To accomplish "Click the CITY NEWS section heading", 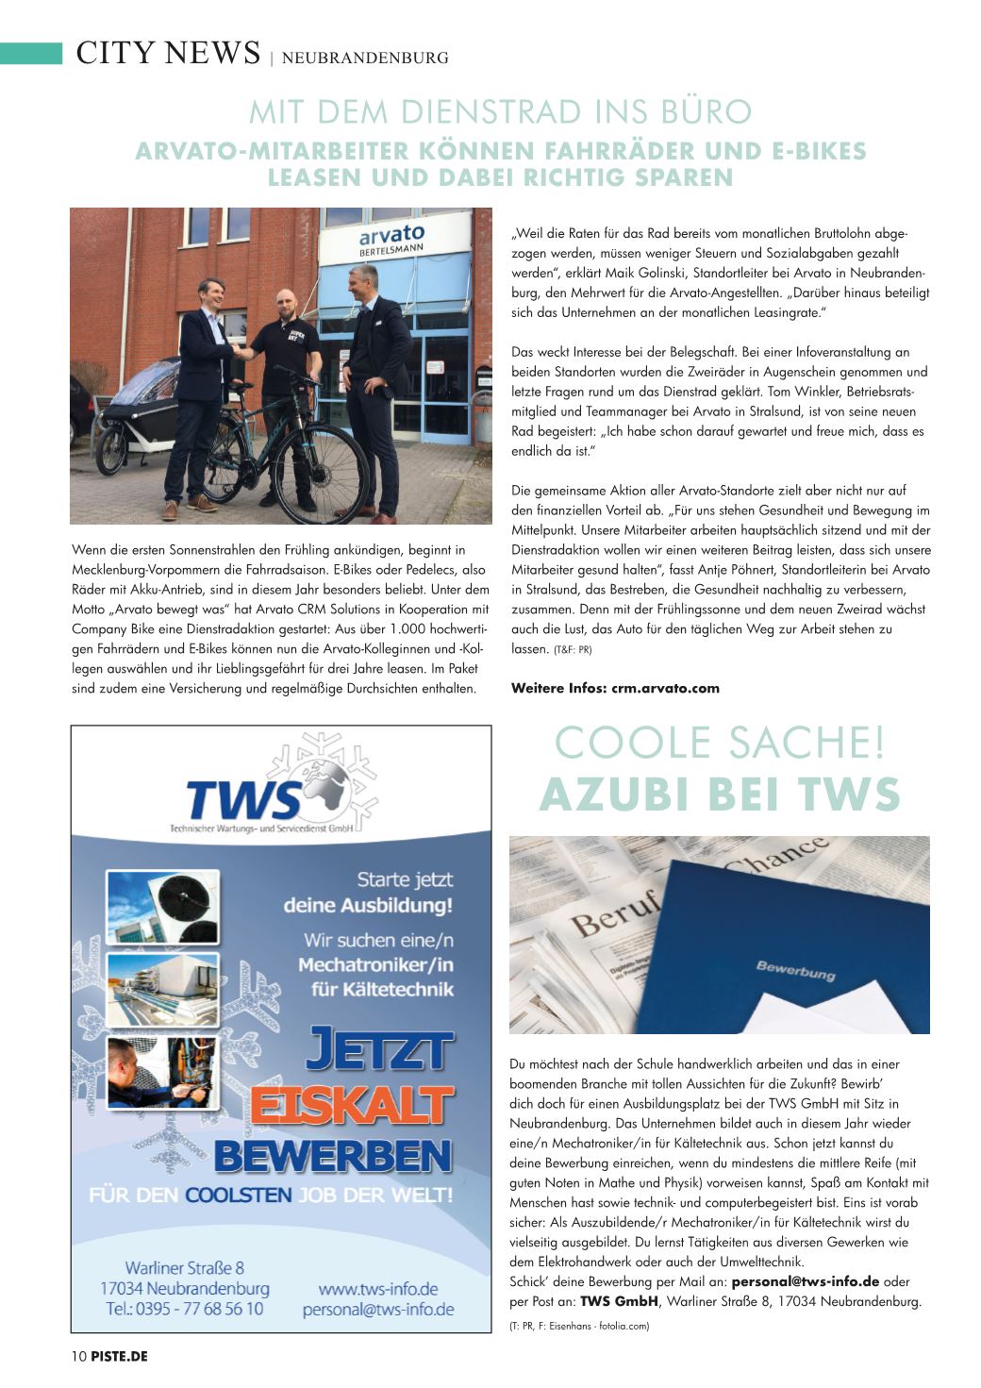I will pos(168,54).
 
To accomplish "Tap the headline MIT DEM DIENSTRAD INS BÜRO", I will pos(500,112).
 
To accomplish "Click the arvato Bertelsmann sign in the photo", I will pos(391,239).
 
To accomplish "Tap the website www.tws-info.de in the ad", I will pos(377,1288).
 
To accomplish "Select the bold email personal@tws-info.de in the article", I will pos(806,1281).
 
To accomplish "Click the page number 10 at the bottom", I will pos(79,1356).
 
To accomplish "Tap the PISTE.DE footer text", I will pos(120,1356).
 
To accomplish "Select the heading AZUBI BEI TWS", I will pos(720,794).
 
